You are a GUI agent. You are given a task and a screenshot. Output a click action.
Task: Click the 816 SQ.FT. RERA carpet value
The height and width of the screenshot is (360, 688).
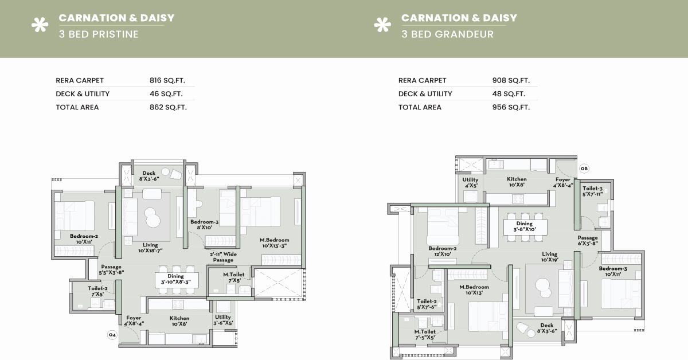pos(167,80)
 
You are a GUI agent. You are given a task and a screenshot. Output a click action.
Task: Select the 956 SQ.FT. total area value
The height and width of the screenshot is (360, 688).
pos(511,107)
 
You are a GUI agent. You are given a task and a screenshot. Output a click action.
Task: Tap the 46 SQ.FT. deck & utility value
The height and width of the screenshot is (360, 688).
pos(166,93)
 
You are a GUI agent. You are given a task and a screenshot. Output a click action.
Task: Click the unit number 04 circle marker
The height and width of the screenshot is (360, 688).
pos(112,335)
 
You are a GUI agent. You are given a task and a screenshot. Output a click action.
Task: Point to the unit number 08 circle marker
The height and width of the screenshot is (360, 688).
pos(584,169)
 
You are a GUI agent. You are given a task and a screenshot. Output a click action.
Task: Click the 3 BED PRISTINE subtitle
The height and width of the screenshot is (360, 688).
pos(99,34)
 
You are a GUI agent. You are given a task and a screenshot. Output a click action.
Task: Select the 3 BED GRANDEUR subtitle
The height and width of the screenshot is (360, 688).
pos(447,34)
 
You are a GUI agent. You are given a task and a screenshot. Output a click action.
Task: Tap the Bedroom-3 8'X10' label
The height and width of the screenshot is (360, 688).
pos(204,225)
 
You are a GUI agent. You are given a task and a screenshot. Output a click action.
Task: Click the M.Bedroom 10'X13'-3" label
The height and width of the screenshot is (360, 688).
pos(274,242)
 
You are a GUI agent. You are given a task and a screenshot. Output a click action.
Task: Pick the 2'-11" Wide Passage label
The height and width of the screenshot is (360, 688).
pos(223,257)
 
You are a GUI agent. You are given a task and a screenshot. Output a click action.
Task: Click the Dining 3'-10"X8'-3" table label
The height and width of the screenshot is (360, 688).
pos(175,279)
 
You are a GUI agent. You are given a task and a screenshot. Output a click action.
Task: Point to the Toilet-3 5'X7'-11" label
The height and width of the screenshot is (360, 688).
pos(592,191)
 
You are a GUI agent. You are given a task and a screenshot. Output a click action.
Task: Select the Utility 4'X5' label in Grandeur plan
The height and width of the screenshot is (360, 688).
pos(470,182)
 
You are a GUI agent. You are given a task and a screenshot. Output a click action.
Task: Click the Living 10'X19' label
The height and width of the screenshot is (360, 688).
pos(549,257)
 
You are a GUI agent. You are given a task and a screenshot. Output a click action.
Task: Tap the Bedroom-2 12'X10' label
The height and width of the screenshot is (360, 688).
pos(442,251)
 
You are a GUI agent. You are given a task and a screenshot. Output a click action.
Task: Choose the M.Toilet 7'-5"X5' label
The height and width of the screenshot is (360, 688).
pos(425,335)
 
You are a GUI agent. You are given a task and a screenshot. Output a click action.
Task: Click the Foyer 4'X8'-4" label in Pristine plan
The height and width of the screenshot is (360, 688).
pos(134,320)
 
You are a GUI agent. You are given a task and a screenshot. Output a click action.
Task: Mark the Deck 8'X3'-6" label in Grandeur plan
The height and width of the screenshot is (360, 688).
pos(547,328)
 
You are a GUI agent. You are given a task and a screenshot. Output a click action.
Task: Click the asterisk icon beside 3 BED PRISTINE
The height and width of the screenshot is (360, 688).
pos(40,25)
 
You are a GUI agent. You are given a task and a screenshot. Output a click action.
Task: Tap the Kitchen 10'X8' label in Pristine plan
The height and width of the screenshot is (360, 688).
pos(179,321)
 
